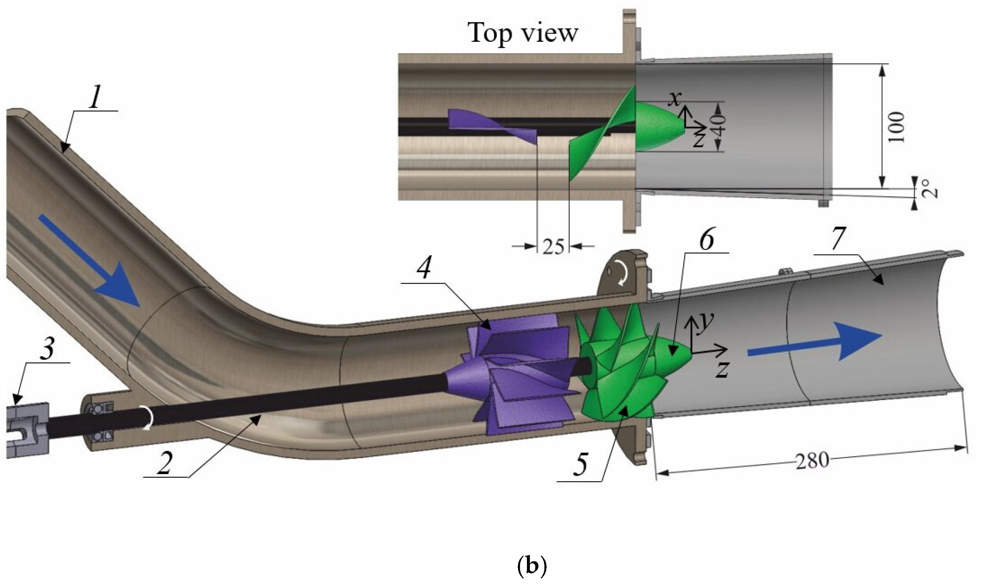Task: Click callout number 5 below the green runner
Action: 580,464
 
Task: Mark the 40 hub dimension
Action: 720,125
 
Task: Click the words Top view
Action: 523,33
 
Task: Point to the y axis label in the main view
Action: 706,323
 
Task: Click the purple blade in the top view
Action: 493,125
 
